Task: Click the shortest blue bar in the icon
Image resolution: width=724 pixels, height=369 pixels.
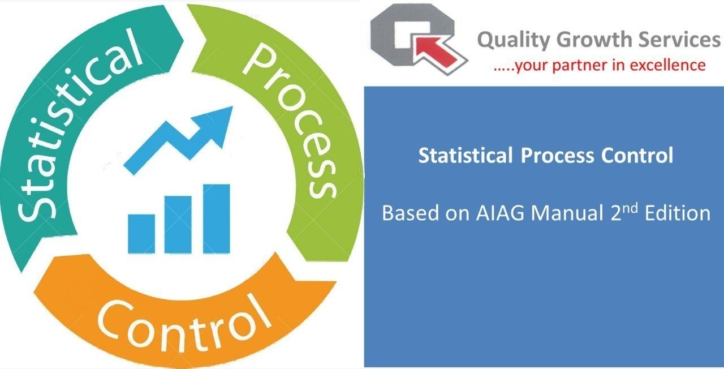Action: click(141, 234)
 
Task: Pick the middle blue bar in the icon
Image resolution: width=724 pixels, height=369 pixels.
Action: click(178, 225)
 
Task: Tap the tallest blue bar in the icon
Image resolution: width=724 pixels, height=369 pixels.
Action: click(216, 218)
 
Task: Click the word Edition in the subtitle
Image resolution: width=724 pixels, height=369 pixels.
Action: click(678, 213)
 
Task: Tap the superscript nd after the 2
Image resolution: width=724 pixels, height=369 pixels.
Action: click(629, 209)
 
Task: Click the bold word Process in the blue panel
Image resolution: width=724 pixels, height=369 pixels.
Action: click(557, 156)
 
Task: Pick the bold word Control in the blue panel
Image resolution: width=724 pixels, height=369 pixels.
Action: click(637, 156)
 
